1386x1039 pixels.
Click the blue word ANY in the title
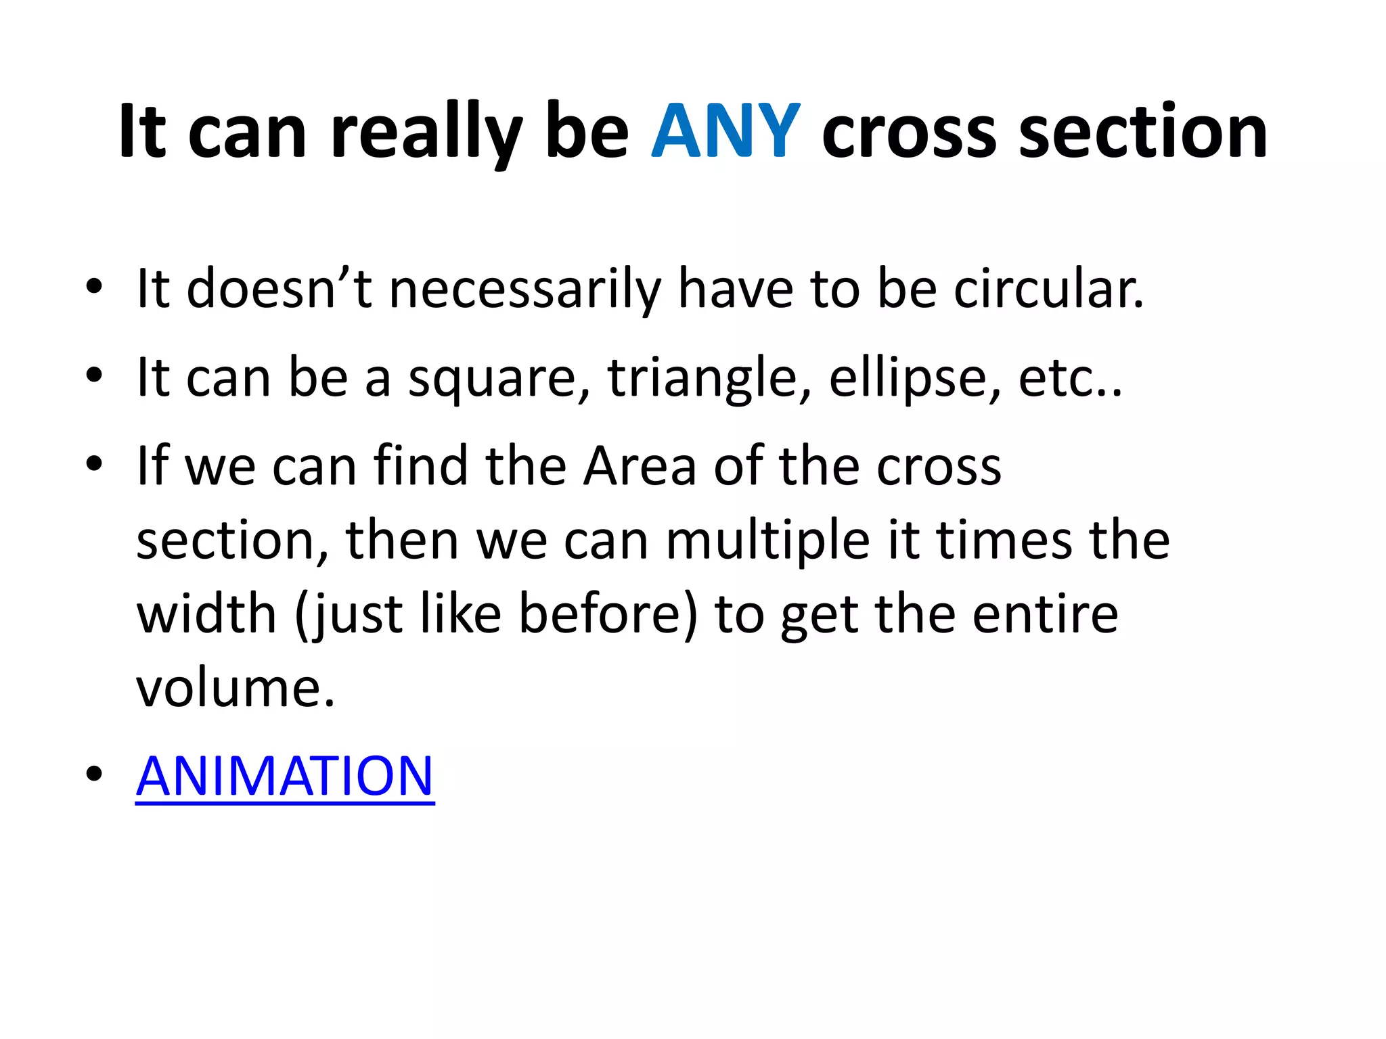(x=725, y=131)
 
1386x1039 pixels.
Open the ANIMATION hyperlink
(x=285, y=776)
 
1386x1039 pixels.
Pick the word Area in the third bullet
(x=640, y=466)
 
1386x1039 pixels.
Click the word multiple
(x=767, y=540)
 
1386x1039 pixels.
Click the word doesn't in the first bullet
(x=279, y=289)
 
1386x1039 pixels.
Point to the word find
(x=420, y=466)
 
